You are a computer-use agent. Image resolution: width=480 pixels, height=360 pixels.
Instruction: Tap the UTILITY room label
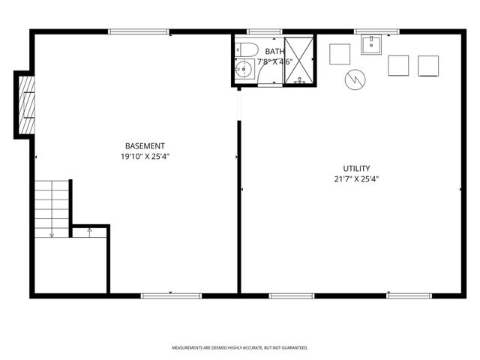coord(357,169)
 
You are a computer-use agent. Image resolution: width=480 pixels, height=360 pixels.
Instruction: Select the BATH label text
coord(274,51)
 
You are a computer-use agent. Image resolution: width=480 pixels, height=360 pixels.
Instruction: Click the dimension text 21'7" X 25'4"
coord(357,179)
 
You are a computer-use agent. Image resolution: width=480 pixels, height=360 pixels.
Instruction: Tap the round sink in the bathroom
coord(243,71)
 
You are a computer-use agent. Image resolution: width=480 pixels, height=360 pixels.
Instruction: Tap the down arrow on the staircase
coord(52,235)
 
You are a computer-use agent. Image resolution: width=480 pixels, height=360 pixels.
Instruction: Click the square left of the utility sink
coord(340,53)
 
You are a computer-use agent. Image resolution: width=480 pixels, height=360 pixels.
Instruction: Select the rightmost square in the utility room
coord(428,65)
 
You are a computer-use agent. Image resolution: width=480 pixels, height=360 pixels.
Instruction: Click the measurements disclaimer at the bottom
coord(240,348)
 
